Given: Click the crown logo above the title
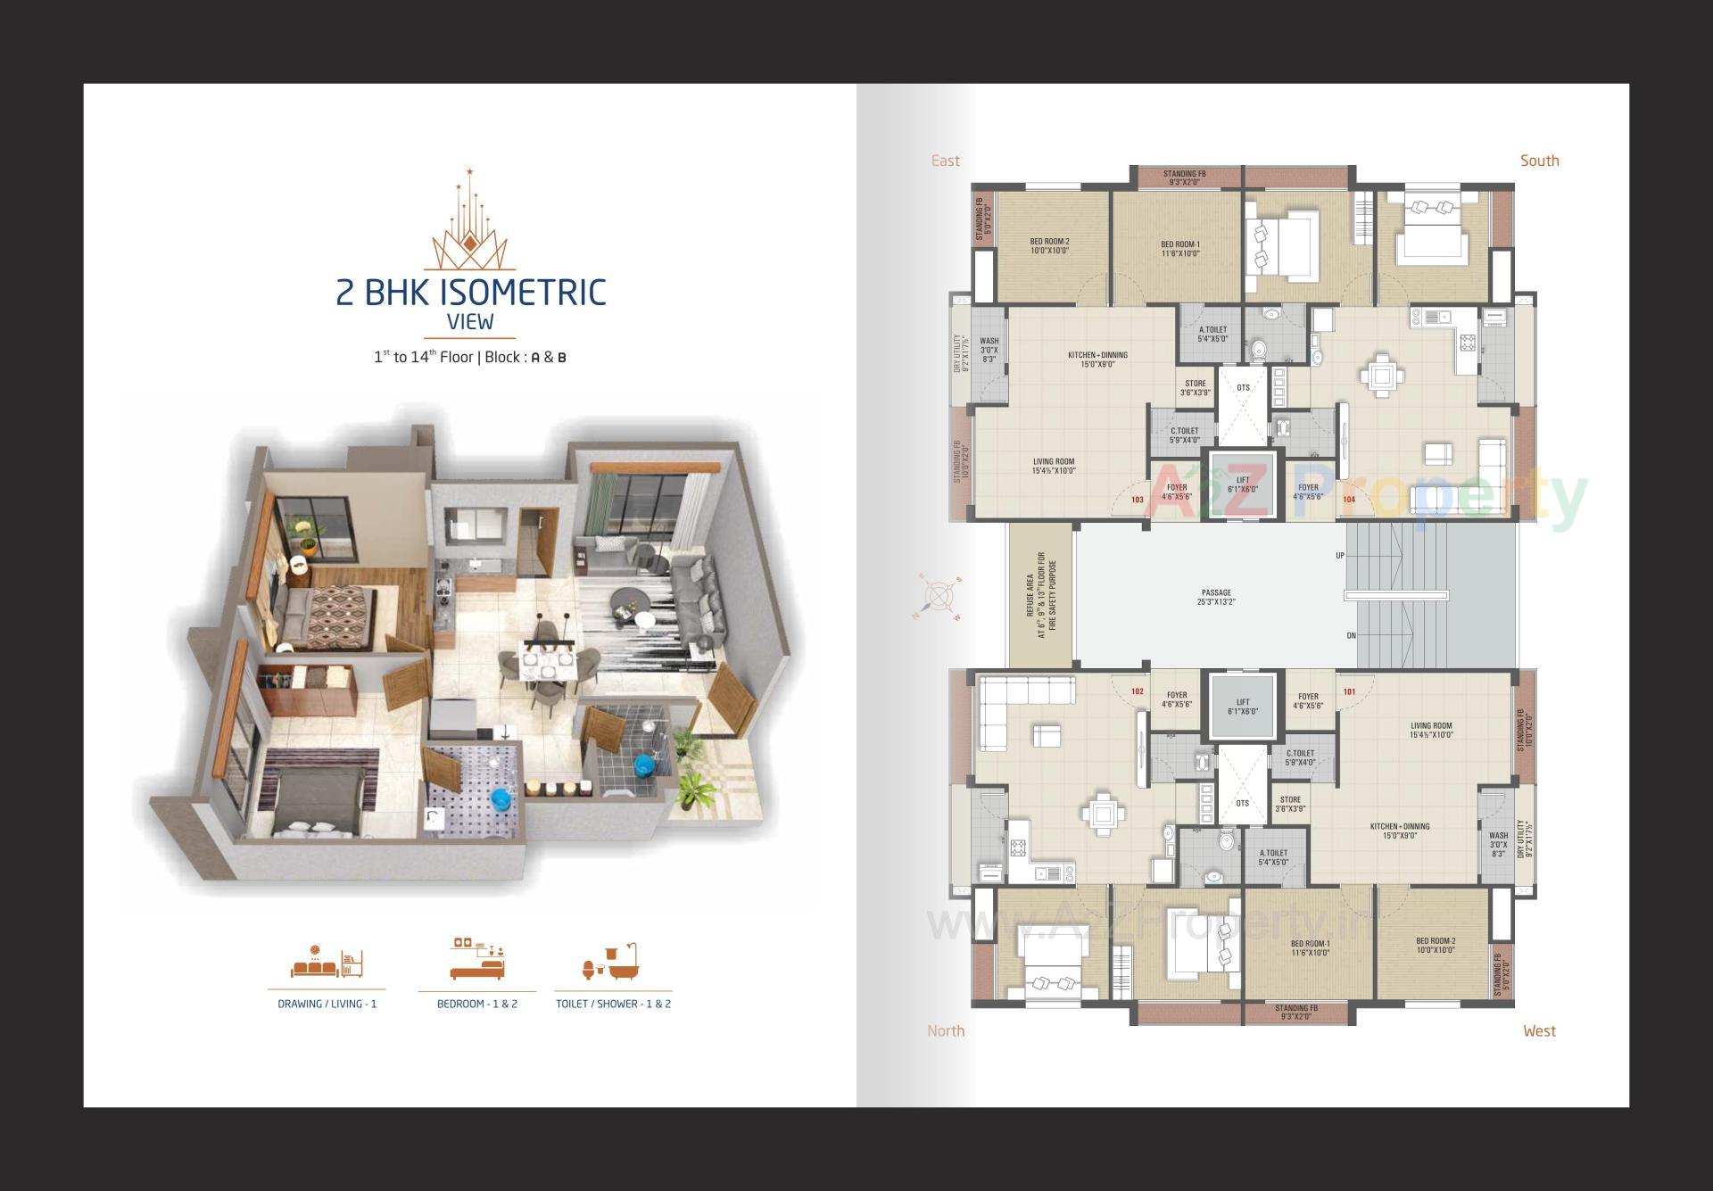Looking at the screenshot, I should pos(469,223).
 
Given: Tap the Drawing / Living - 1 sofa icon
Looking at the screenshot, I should pos(327,963).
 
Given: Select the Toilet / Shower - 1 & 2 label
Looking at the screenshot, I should pos(613,1004).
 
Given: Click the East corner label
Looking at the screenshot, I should pos(945,161).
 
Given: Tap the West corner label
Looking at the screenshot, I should pos(1539,1030).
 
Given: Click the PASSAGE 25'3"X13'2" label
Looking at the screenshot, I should pos(1216,597).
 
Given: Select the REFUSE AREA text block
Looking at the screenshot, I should pos(1040,595).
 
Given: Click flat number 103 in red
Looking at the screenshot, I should pos(1138,500).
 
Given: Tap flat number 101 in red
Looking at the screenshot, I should pos(1349,691).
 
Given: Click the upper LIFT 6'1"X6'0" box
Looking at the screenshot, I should pos(1243,484).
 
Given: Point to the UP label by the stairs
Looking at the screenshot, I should pos(1339,556).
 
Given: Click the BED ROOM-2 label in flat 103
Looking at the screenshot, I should pos(1049,246).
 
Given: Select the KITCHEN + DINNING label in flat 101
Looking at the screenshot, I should pos(1400,831).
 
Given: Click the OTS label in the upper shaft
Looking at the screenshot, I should pos(1243,388).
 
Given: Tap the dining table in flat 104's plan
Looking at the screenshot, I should pos(1382,376).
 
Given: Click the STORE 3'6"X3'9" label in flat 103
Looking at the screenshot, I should pos(1196,388).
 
